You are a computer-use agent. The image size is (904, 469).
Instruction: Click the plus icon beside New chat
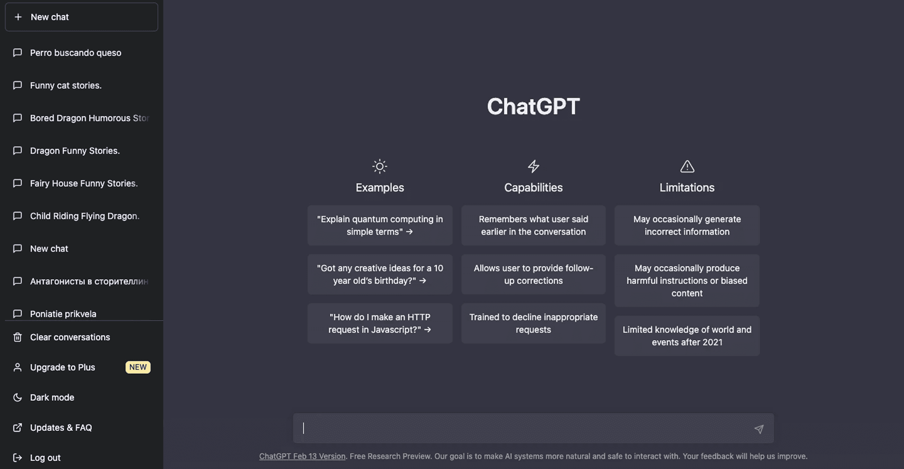(x=18, y=17)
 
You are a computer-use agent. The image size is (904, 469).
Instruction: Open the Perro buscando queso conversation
(x=76, y=53)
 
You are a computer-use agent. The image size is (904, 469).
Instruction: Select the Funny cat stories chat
(x=65, y=85)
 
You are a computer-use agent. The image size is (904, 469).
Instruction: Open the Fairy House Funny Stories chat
(x=83, y=183)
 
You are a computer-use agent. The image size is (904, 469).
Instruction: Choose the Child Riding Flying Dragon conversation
(x=85, y=216)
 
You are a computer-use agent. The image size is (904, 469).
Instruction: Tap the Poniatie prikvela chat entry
(x=63, y=313)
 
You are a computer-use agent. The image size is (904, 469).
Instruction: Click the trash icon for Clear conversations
(x=18, y=337)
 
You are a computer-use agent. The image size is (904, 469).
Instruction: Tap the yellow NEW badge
(x=138, y=367)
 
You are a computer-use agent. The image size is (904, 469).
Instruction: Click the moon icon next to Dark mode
(x=18, y=397)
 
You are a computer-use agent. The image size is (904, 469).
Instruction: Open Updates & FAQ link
(x=61, y=427)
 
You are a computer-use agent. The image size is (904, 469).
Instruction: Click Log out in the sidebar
(x=45, y=458)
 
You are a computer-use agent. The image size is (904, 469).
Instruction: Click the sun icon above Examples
(x=380, y=166)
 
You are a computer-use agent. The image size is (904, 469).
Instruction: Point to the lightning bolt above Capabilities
(x=533, y=166)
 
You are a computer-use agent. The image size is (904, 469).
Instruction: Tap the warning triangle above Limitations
(x=687, y=166)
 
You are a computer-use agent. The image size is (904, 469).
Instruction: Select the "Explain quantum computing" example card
(x=380, y=225)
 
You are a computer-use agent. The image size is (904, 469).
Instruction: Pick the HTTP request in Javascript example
(x=380, y=323)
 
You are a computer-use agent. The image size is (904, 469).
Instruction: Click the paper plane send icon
(x=759, y=429)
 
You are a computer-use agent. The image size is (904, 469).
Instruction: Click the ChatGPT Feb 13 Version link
(x=302, y=457)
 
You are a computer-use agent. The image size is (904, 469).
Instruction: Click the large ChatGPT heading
(x=533, y=106)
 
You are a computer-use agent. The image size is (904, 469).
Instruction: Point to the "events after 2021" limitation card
(x=687, y=336)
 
